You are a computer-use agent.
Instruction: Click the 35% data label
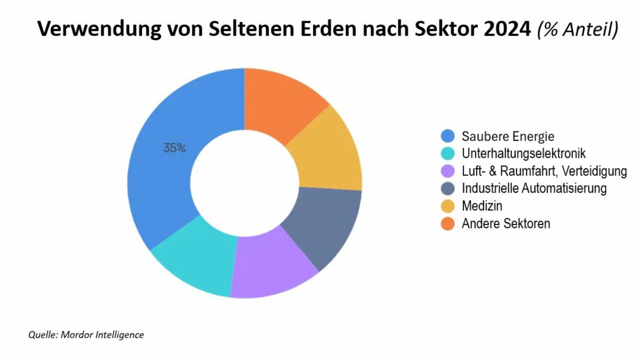click(174, 148)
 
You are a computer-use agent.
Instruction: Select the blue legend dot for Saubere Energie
click(447, 136)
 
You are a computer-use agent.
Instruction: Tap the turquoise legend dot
click(447, 153)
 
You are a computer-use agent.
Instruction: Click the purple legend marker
click(447, 171)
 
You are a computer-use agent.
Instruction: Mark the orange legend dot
click(447, 223)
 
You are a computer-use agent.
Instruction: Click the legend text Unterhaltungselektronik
click(523, 153)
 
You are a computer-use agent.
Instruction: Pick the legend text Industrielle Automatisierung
click(534, 188)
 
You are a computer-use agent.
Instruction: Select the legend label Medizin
click(482, 206)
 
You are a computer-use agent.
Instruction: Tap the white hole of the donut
click(244, 182)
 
